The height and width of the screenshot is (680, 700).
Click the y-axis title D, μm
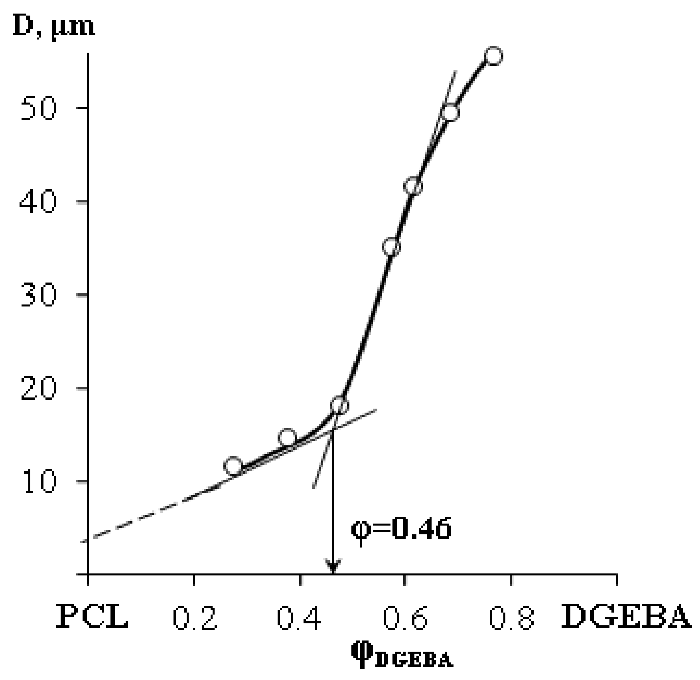coord(54,26)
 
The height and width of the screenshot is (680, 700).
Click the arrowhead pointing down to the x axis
coord(333,567)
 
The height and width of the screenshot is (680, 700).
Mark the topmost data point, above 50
coord(493,56)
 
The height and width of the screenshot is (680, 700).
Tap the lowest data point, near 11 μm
coord(233,466)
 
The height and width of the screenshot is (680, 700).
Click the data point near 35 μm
coord(391,247)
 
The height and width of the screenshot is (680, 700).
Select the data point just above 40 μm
coord(413,186)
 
